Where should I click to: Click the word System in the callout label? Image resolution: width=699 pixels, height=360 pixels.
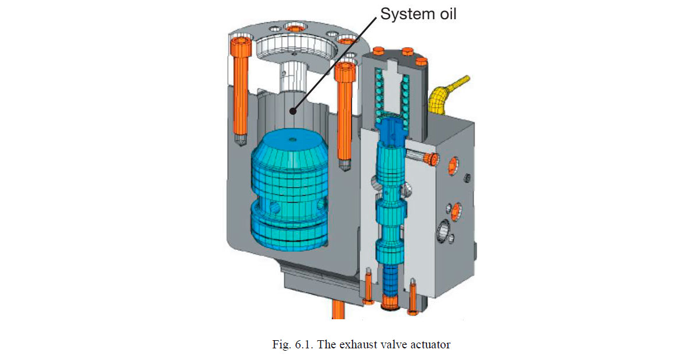coord(405,14)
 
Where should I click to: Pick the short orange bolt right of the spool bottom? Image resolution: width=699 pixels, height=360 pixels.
coord(413,294)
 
